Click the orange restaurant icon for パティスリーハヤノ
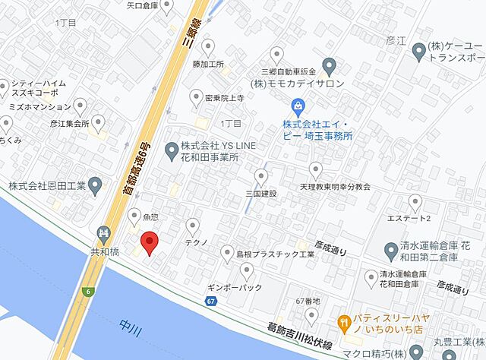(x=344, y=321)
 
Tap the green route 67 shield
(x=210, y=302)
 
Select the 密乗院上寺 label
(x=217, y=98)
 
